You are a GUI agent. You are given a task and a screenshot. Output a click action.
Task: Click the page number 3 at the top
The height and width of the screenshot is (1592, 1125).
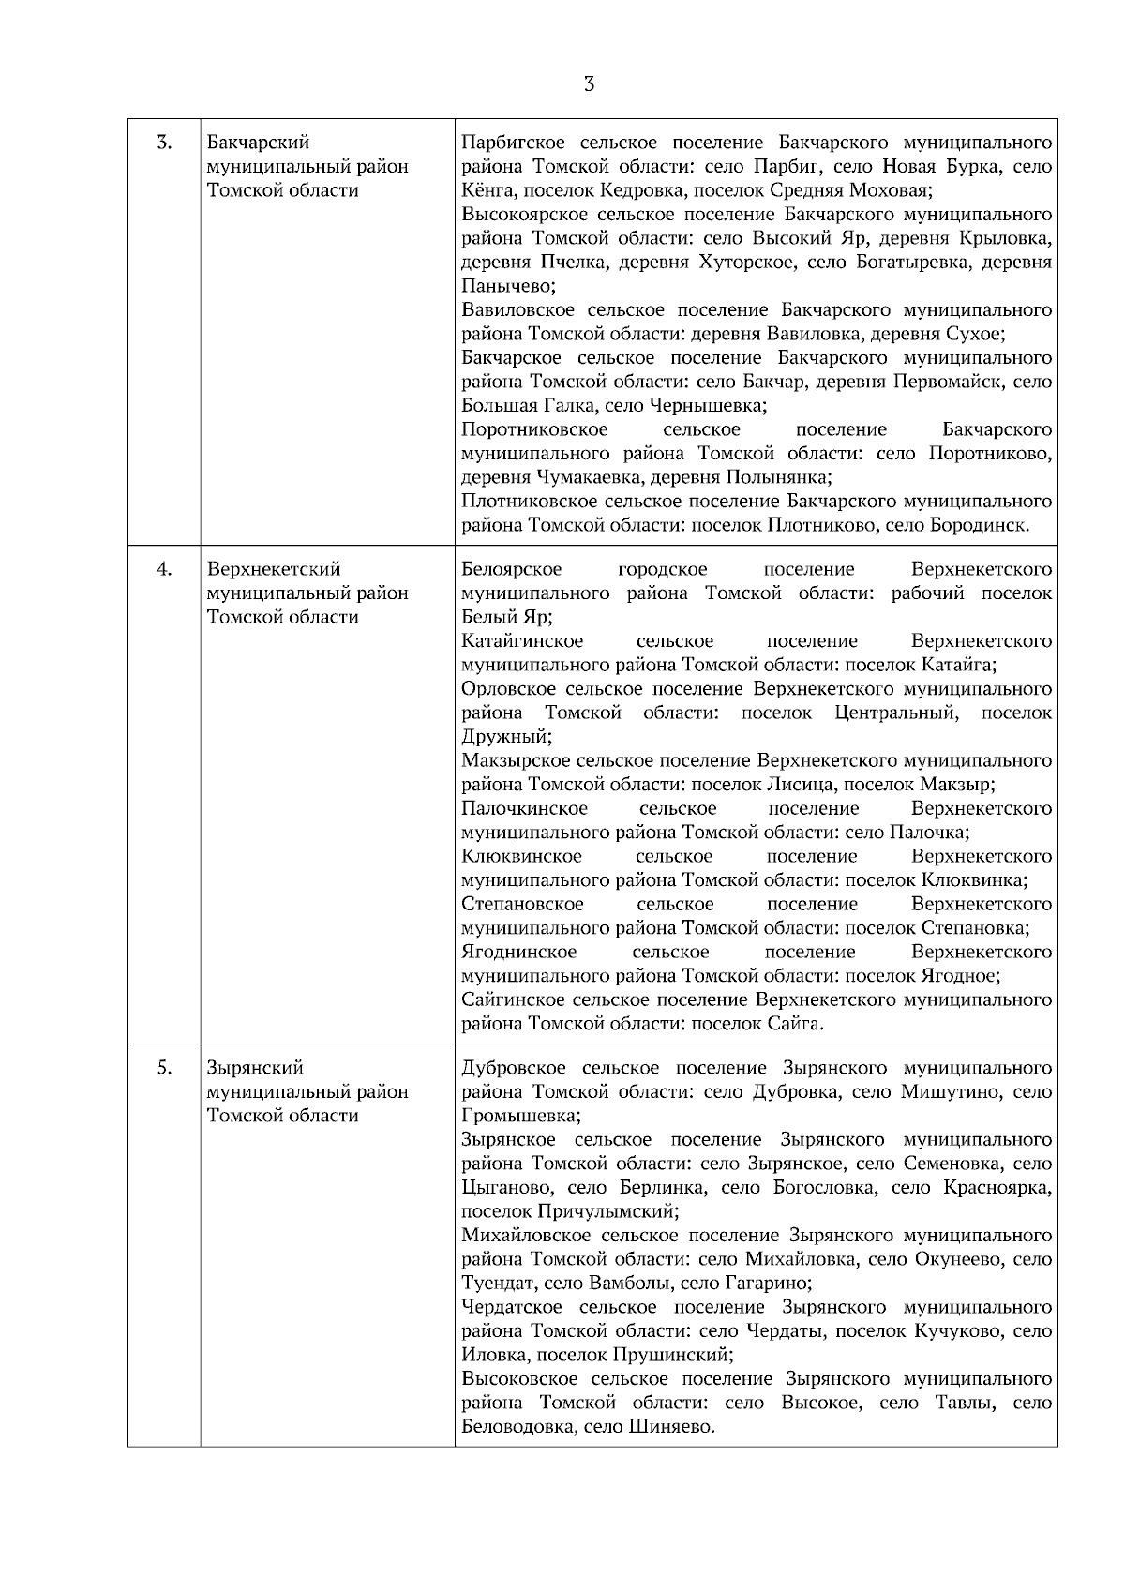coord(589,84)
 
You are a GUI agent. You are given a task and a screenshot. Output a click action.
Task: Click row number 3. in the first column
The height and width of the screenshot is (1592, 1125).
coord(164,143)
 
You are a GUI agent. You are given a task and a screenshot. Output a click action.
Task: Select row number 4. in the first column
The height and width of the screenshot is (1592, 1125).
coord(164,569)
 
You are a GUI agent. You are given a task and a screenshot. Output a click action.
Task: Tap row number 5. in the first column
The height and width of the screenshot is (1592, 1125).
coord(164,1067)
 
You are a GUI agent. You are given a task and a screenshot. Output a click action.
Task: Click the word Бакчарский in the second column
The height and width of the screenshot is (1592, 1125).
coord(258,143)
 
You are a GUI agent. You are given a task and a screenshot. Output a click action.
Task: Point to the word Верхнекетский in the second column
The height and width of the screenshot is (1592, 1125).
coord(274,569)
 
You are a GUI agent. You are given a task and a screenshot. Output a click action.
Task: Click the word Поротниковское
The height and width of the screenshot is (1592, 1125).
coord(534,429)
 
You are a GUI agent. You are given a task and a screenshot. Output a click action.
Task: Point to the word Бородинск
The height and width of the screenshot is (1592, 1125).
coord(980,525)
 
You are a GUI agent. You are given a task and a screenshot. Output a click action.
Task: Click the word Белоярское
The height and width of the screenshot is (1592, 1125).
coord(511,569)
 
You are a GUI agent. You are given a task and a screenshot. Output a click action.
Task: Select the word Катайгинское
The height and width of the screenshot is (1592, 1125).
coord(521,641)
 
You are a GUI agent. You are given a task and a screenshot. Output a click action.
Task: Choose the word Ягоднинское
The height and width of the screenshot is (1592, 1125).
coord(518,952)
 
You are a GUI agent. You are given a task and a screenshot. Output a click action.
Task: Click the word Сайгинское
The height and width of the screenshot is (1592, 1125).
coord(513,999)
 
